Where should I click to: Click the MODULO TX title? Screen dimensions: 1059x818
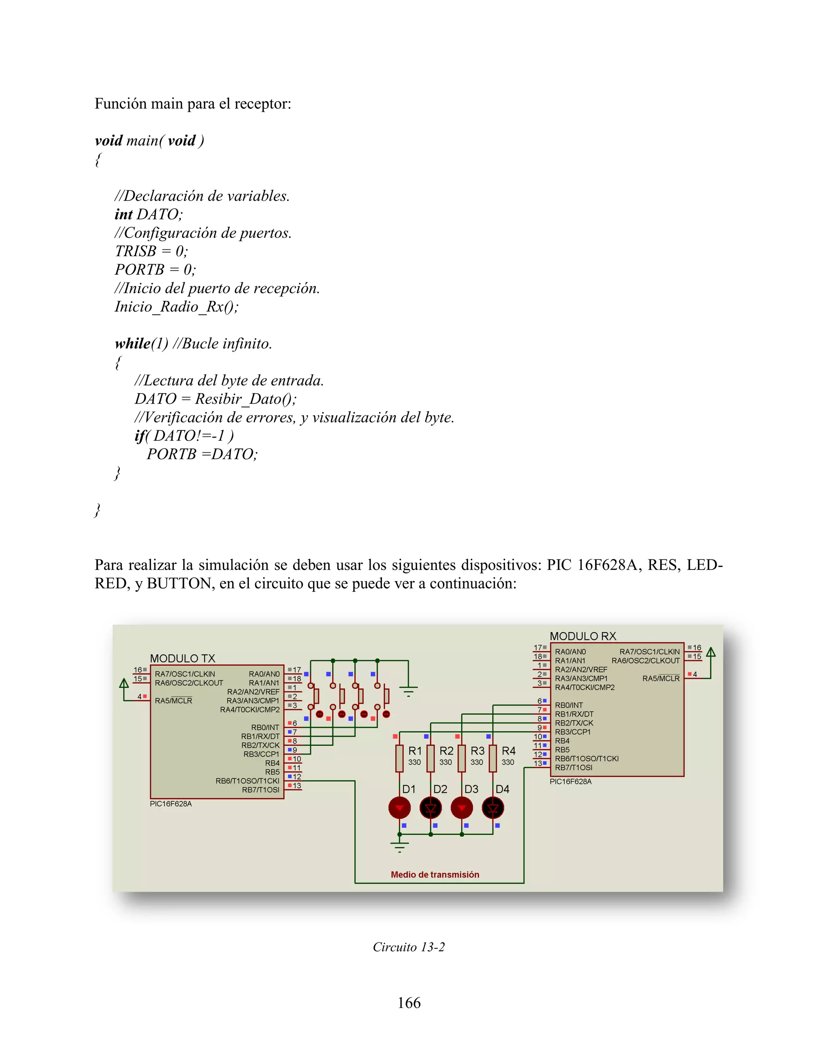point(182,659)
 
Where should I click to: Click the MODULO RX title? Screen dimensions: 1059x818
point(582,636)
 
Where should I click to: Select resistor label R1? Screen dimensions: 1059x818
point(415,750)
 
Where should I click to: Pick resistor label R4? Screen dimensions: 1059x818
point(508,750)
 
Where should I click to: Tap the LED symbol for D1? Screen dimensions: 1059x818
point(399,808)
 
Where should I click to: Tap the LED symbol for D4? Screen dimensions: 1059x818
point(493,808)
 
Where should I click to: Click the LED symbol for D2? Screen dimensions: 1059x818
point(430,808)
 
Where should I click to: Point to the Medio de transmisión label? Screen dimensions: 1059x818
point(435,874)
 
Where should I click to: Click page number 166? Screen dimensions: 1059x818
point(409,1003)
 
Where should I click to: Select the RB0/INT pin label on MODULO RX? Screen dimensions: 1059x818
point(569,705)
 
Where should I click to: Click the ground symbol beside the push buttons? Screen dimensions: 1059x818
point(409,691)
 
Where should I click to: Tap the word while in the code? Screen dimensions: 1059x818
point(132,343)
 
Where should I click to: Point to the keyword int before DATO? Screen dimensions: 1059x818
point(123,214)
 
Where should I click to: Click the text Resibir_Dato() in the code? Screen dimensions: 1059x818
point(245,398)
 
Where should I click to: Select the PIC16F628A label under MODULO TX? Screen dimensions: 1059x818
point(171,804)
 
